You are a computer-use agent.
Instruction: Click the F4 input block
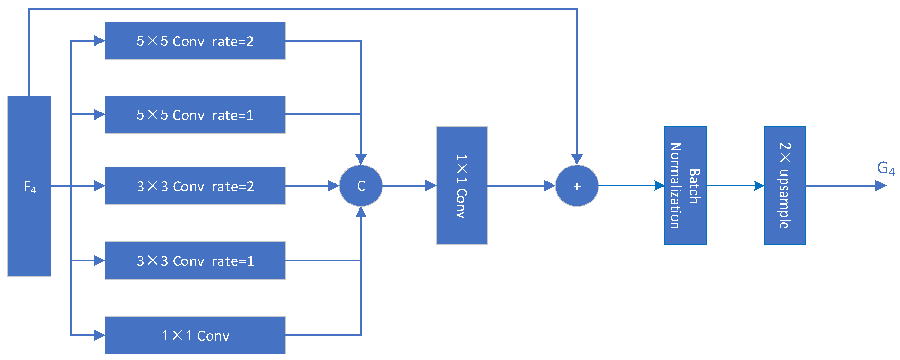(x=29, y=186)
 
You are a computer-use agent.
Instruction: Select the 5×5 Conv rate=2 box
(x=195, y=41)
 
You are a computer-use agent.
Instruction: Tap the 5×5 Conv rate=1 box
(x=195, y=115)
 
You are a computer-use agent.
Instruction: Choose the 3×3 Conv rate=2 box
(x=195, y=186)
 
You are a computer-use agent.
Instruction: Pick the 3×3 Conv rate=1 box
(x=195, y=261)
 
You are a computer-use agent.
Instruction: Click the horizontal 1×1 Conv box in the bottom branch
(x=195, y=335)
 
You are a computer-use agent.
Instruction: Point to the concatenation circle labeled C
(x=361, y=186)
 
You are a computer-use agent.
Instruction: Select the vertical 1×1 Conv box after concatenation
(x=462, y=186)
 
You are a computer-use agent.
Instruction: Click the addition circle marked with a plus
(x=577, y=186)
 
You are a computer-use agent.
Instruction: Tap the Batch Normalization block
(x=685, y=186)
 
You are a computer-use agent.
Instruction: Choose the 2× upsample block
(x=785, y=186)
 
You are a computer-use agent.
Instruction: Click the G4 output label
(x=885, y=168)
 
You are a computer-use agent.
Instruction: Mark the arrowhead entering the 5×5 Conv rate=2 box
(x=99, y=41)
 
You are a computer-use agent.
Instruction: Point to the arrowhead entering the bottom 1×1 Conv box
(x=99, y=335)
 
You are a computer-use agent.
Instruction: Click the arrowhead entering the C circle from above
(x=361, y=159)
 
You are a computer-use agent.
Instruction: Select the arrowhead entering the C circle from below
(x=361, y=212)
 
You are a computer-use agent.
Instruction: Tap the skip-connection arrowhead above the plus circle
(x=577, y=159)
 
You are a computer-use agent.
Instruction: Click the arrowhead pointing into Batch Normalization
(x=659, y=186)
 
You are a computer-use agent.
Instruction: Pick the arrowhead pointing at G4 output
(x=881, y=186)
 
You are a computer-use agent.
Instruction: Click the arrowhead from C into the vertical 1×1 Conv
(x=431, y=186)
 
